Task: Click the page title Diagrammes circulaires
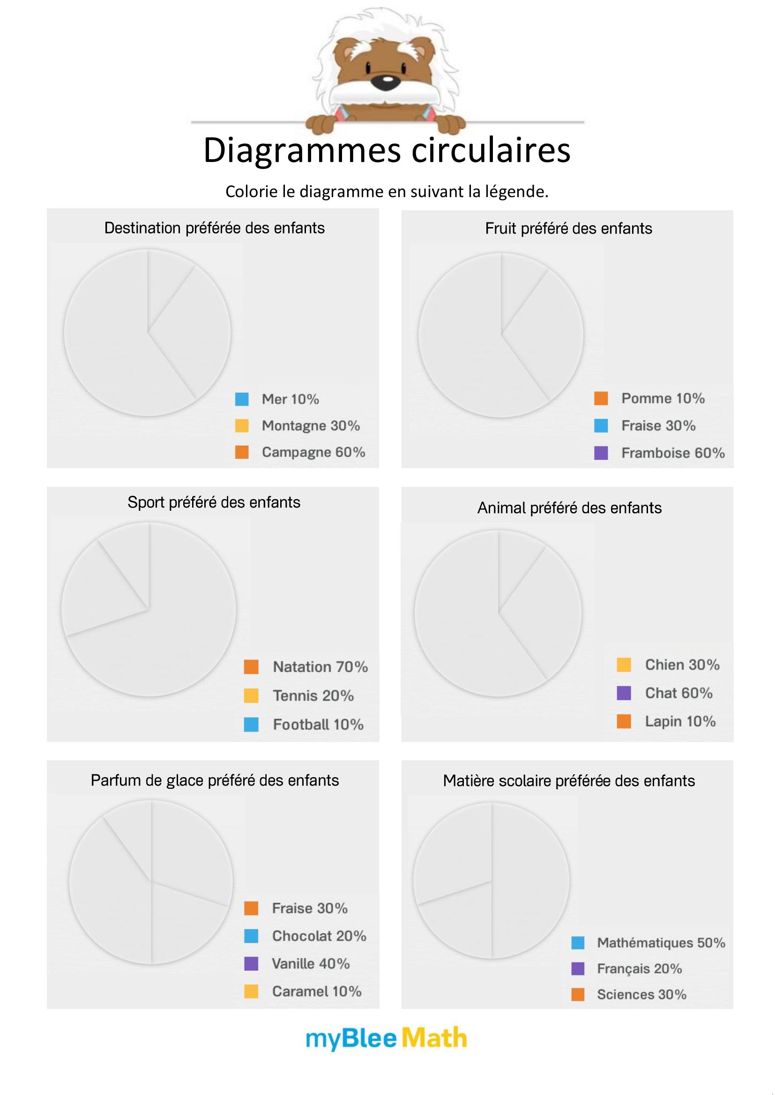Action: (387, 150)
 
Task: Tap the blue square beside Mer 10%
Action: (242, 399)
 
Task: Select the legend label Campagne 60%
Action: (313, 452)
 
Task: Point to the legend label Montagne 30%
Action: (311, 426)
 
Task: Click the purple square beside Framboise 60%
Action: (601, 453)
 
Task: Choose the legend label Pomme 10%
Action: (663, 398)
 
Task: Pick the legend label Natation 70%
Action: (320, 667)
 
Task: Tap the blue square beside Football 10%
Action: (251, 724)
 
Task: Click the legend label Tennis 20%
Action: (313, 696)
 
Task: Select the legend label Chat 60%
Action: (678, 693)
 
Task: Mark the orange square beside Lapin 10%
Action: (624, 721)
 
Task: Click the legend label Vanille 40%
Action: (311, 963)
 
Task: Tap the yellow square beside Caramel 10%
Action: (251, 991)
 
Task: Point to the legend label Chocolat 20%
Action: (319, 936)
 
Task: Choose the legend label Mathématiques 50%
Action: (661, 942)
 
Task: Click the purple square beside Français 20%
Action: (578, 969)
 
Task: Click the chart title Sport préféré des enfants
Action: (214, 502)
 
